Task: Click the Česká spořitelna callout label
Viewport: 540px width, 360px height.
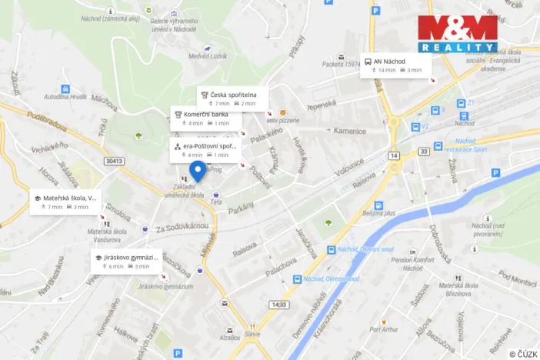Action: (x=233, y=98)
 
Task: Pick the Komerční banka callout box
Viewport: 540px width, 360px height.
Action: (x=206, y=118)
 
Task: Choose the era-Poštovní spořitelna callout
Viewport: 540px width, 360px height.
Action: (x=205, y=149)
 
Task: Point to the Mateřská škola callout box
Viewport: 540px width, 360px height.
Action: (x=65, y=202)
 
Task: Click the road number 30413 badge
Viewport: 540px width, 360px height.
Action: (x=113, y=160)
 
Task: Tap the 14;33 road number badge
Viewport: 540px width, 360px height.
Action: (x=278, y=305)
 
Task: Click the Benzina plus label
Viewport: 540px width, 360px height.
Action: (x=378, y=212)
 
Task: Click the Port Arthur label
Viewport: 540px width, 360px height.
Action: (x=385, y=329)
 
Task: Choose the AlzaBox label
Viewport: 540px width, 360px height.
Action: (x=229, y=337)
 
